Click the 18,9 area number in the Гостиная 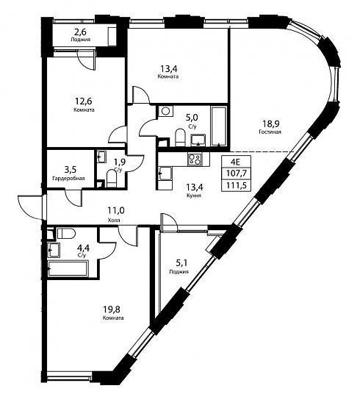(x=271, y=123)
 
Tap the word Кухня (x=194, y=196)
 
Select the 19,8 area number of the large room (x=112, y=308)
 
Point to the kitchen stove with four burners (x=195, y=160)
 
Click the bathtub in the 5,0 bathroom (x=219, y=126)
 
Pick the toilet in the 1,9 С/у (x=111, y=179)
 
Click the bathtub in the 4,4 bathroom (x=68, y=269)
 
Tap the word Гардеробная (x=68, y=179)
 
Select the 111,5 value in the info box (x=236, y=186)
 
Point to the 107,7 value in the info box (x=236, y=173)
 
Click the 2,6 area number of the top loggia (x=80, y=32)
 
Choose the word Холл (x=114, y=221)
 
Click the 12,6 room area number (x=84, y=101)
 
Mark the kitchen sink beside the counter (x=165, y=173)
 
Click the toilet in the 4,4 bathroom (x=66, y=233)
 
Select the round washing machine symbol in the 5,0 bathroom (x=165, y=111)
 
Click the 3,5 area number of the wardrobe (x=71, y=170)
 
